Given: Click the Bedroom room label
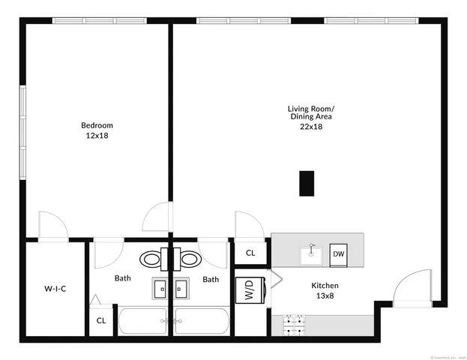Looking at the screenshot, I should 97,125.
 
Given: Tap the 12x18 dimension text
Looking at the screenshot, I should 97,136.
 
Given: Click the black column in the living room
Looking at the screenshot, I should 306,183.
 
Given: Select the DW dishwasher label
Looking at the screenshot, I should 339,254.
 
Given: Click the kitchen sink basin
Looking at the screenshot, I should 311,255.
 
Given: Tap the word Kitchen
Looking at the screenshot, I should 325,286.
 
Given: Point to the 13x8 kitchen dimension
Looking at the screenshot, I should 325,296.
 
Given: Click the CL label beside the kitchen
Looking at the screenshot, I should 250,253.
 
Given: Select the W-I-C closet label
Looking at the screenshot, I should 55,288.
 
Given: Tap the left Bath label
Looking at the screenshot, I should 122,279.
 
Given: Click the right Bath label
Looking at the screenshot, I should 211,279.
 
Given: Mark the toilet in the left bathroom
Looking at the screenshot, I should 153,259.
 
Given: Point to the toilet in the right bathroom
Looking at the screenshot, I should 191,259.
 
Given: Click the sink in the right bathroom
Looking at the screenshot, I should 181,288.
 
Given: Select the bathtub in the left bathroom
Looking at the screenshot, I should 145,320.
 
